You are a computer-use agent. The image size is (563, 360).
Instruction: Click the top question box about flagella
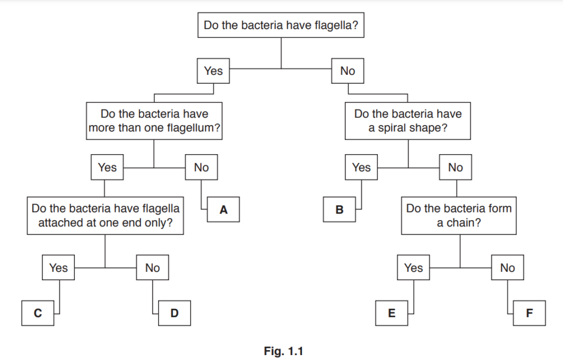click(x=281, y=25)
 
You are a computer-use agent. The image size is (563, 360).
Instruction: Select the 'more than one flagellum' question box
click(x=154, y=121)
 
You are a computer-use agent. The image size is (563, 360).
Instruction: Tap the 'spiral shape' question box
click(x=408, y=121)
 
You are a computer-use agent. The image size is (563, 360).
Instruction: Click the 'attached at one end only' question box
click(x=105, y=216)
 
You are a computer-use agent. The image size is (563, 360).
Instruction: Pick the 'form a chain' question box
click(x=459, y=216)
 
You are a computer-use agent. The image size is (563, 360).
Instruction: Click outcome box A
click(x=223, y=210)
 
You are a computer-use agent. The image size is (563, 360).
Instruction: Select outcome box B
click(x=339, y=210)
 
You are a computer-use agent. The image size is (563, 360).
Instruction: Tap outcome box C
click(x=38, y=313)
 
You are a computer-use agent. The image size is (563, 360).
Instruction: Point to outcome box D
click(x=174, y=313)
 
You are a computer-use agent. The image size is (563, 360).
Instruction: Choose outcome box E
click(x=392, y=313)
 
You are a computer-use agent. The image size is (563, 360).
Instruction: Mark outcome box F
click(x=529, y=313)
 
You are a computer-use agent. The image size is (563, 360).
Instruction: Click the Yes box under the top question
click(x=213, y=70)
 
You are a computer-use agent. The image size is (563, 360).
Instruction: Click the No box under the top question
click(x=348, y=70)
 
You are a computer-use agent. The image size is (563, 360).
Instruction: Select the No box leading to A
click(x=201, y=167)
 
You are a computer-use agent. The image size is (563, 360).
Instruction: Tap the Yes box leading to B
click(x=361, y=167)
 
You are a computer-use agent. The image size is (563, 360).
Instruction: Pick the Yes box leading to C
click(x=58, y=268)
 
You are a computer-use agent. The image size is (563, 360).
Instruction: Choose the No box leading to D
click(x=153, y=268)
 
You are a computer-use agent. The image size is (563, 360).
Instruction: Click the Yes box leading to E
click(x=413, y=268)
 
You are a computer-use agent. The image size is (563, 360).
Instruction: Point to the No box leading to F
click(x=507, y=268)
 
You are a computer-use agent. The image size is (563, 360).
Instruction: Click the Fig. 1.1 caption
click(x=283, y=351)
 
